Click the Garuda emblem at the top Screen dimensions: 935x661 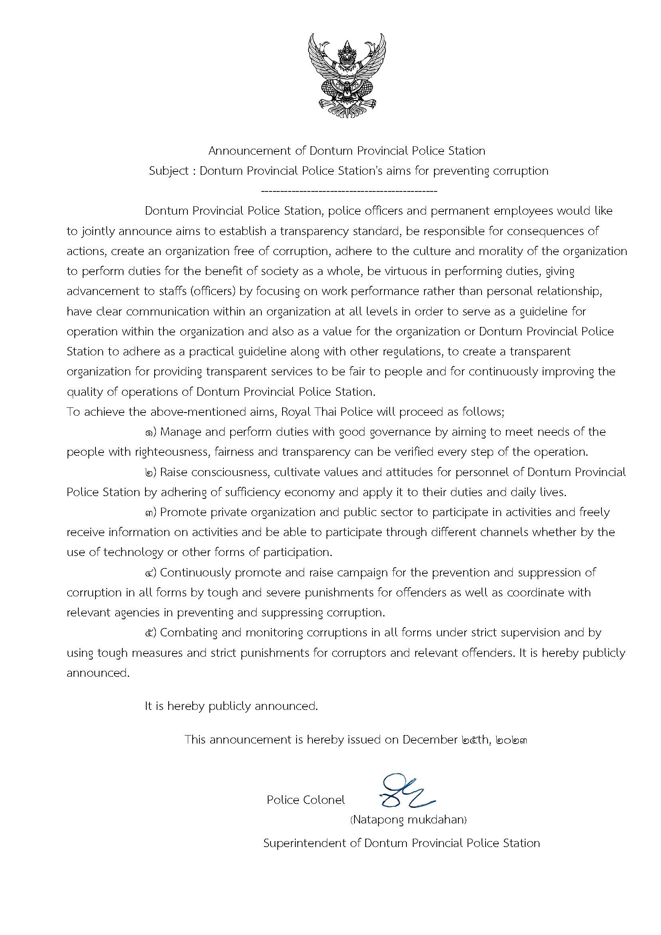(346, 77)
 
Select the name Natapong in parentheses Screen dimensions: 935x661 (378, 819)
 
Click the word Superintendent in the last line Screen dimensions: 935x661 (312, 843)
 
